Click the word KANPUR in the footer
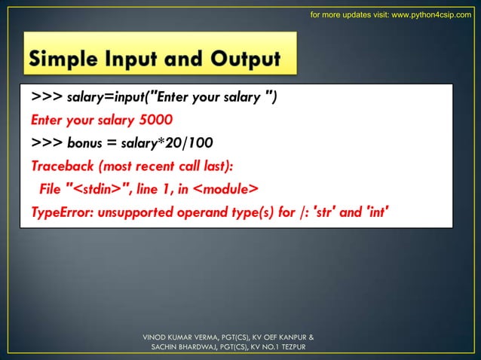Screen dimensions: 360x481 click(x=288, y=337)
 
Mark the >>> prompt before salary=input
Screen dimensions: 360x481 click(x=47, y=97)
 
